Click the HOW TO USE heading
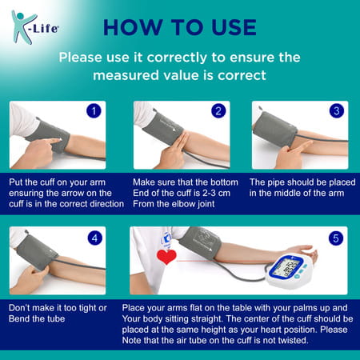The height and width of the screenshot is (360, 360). point(179,26)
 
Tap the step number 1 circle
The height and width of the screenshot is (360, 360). point(94,111)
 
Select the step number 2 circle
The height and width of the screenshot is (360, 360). point(218,111)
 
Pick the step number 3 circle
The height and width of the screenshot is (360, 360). point(336,111)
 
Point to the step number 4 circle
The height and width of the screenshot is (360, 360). point(94,238)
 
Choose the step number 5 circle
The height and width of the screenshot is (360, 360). point(336,238)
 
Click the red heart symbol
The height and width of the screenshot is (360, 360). point(166,258)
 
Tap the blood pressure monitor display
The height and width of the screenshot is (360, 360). point(286,266)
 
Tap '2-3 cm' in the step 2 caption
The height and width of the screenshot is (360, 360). point(206,193)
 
